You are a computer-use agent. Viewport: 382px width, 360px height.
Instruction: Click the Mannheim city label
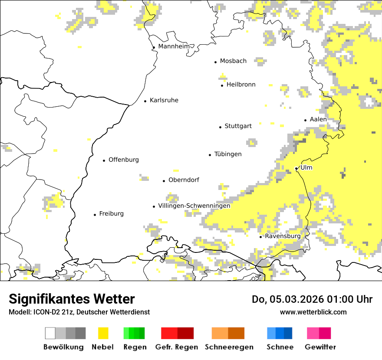point(174,46)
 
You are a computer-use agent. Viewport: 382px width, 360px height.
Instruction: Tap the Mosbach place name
point(233,61)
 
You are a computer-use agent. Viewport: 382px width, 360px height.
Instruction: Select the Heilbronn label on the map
point(241,85)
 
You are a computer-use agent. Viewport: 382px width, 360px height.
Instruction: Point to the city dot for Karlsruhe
point(145,101)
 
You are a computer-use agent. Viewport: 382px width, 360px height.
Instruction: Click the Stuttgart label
point(238,126)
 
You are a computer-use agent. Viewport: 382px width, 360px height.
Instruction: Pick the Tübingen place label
point(228,154)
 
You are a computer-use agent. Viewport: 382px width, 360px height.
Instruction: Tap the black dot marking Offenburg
point(104,160)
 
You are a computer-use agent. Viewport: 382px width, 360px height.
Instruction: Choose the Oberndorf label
point(184,180)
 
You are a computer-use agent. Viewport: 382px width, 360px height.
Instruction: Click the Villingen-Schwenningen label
point(194,206)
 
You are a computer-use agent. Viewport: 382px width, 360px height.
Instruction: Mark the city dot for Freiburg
point(95,215)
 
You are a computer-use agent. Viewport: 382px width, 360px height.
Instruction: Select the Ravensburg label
point(283,236)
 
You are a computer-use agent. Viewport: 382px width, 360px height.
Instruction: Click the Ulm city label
point(306,167)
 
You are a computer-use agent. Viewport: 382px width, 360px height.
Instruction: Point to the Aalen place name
point(318,119)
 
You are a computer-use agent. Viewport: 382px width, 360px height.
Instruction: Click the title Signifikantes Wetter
point(72,299)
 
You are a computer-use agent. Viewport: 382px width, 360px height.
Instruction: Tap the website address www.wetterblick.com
point(313,312)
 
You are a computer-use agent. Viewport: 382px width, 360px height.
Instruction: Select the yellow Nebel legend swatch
point(103,333)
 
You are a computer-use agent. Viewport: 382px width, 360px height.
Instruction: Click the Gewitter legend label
point(320,347)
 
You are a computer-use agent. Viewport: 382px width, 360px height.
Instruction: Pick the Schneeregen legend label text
point(229,347)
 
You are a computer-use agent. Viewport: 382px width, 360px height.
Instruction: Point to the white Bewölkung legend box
point(50,333)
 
